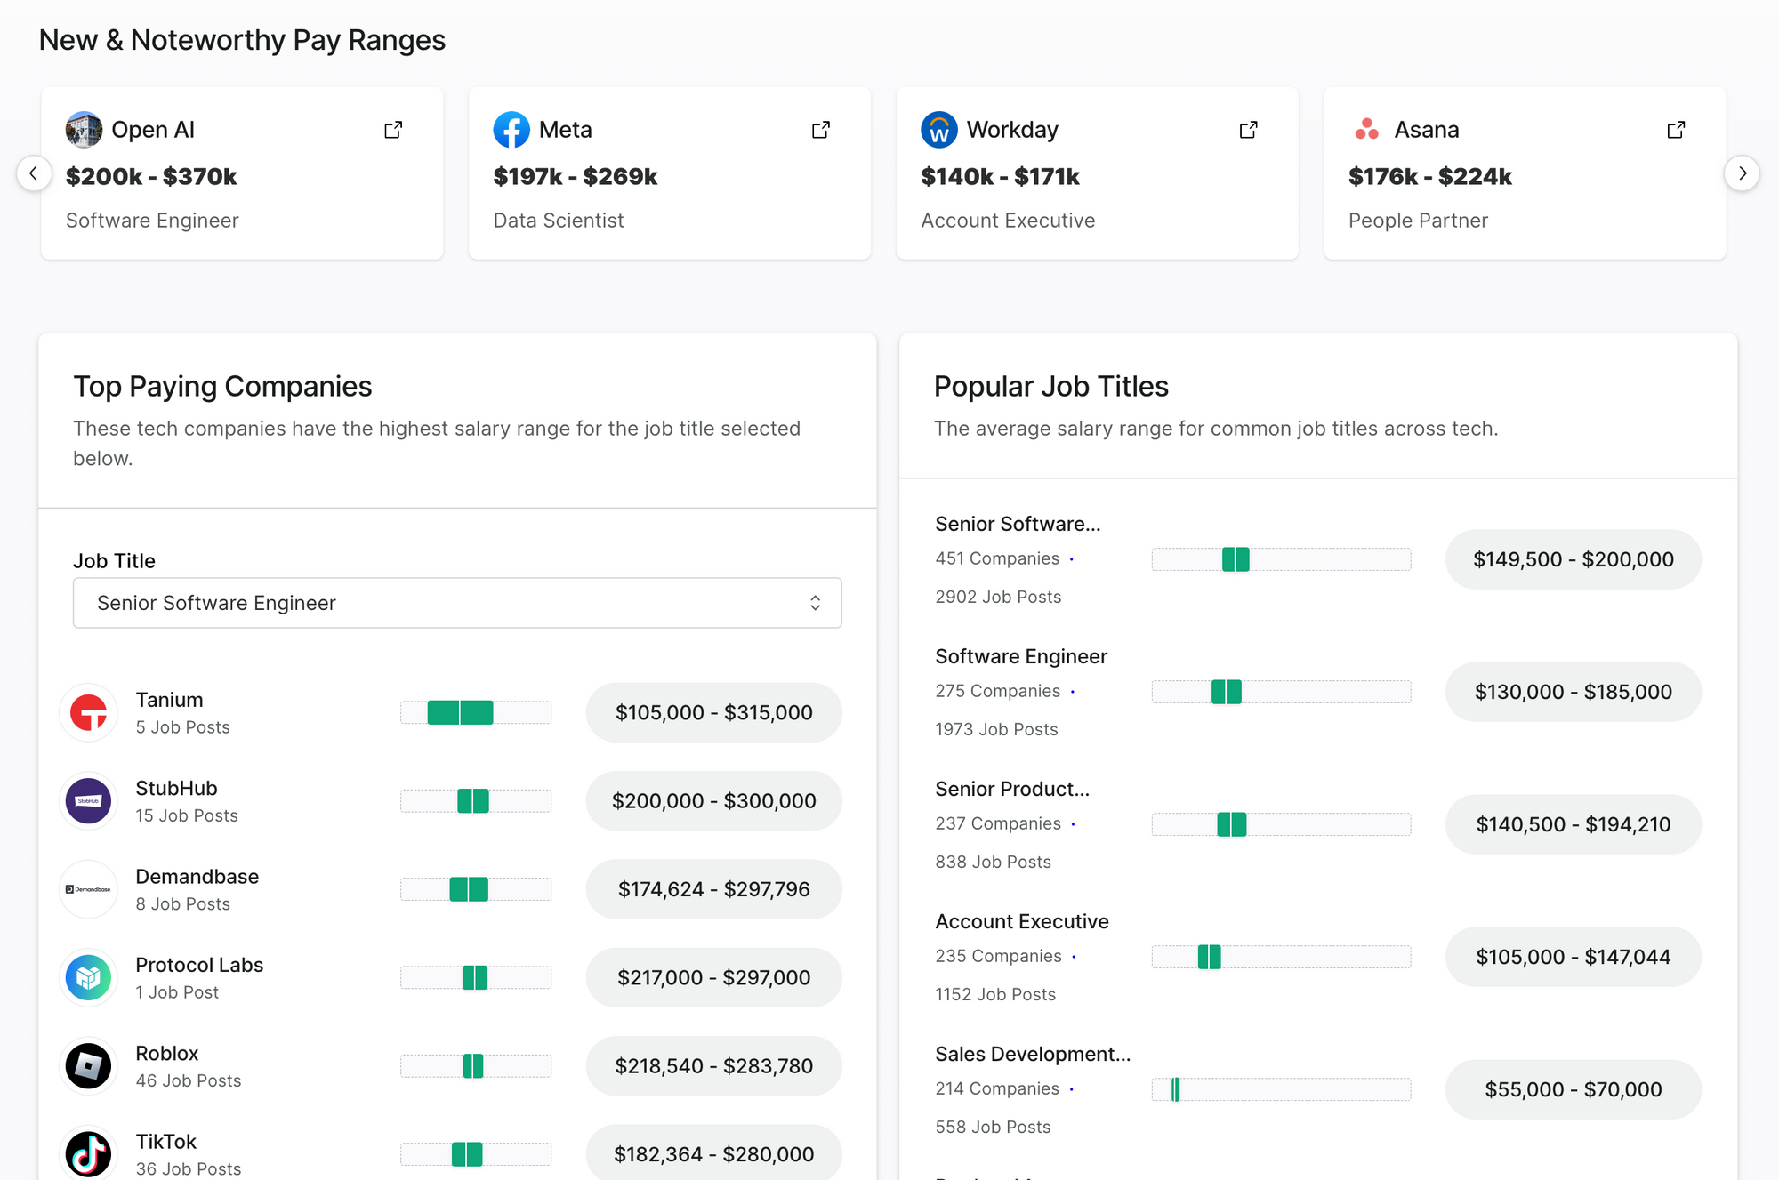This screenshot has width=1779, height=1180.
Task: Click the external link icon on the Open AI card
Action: click(393, 130)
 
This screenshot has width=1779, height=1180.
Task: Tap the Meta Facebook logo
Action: click(511, 130)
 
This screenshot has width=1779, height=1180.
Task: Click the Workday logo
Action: click(938, 130)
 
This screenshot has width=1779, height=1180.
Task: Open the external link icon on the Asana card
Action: click(1676, 130)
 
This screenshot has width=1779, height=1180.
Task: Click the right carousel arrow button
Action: click(1742, 173)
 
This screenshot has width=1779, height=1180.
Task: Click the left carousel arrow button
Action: click(34, 173)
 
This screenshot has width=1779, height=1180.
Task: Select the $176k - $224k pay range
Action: click(1429, 177)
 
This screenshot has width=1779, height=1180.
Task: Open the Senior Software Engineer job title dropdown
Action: click(457, 603)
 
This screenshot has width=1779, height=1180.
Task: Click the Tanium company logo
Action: click(89, 712)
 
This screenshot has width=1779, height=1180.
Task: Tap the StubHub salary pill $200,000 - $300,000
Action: click(713, 801)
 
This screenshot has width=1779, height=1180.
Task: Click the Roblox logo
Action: click(89, 1065)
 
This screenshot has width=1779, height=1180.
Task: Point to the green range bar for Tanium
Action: click(460, 712)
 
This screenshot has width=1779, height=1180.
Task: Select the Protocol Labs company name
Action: click(199, 965)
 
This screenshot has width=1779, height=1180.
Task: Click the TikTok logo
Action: click(89, 1153)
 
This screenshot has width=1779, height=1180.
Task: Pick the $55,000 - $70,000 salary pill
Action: click(1573, 1089)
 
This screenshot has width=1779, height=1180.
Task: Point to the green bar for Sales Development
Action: click(1175, 1089)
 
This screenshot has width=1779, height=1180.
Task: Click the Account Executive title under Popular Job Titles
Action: click(1022, 921)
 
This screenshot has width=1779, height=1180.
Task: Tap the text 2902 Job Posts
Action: click(998, 597)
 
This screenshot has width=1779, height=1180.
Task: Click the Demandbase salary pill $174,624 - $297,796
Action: click(713, 889)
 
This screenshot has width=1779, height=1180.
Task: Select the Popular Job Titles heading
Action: click(1050, 386)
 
